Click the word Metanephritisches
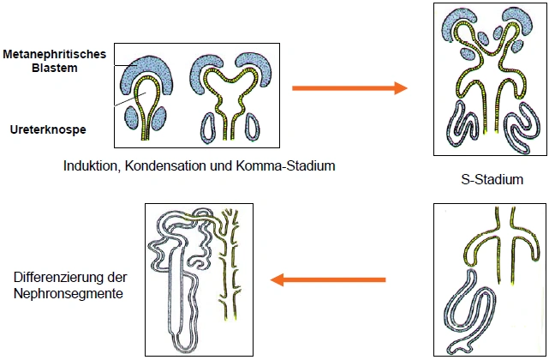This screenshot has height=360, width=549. click(x=53, y=54)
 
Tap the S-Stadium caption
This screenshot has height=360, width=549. click(x=491, y=180)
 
